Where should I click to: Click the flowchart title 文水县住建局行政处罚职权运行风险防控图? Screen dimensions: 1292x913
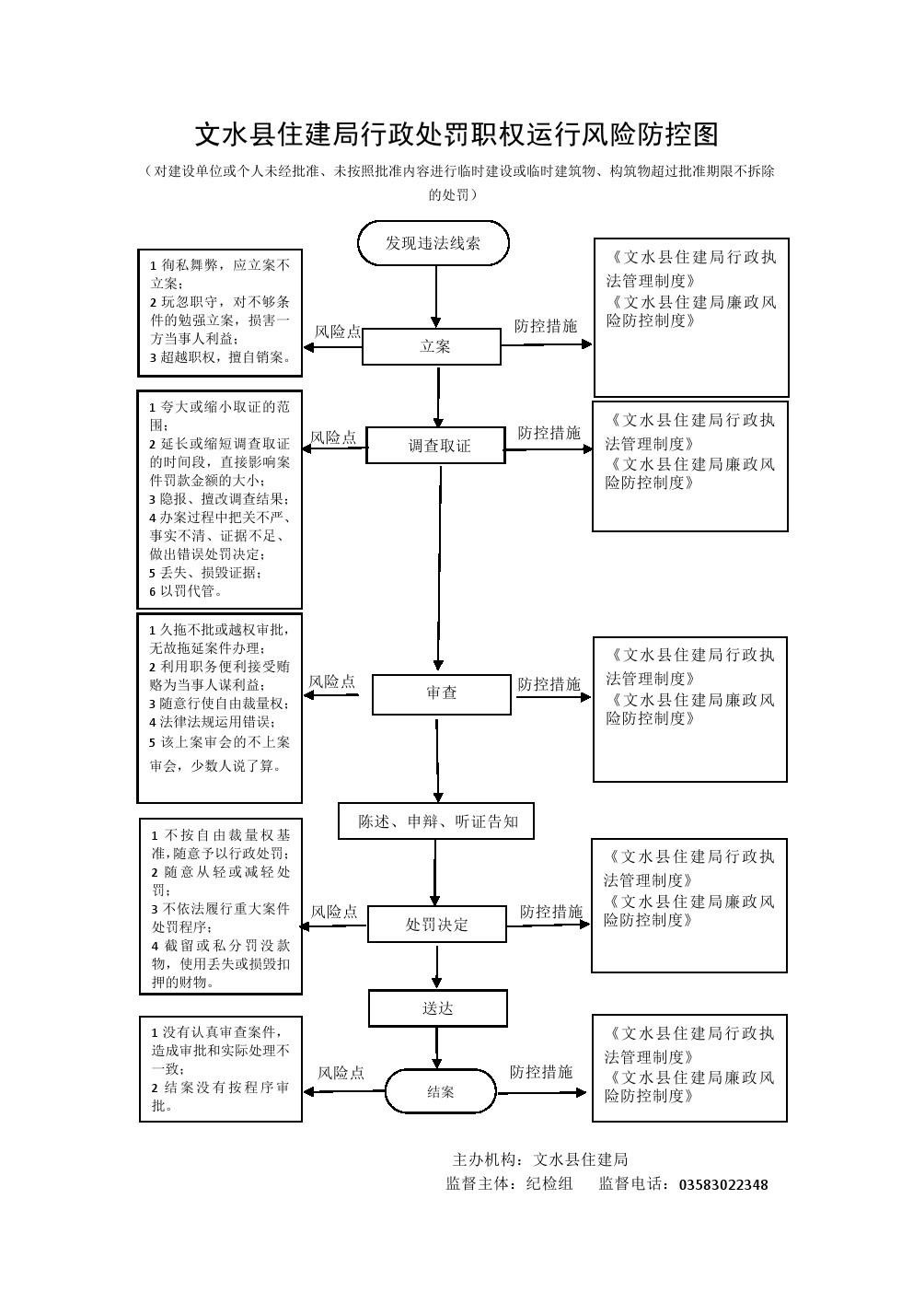[456, 134]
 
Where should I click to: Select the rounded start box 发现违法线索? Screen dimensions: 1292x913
[433, 243]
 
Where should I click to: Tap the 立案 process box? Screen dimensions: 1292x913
[432, 347]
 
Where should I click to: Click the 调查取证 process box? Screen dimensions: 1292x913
[436, 446]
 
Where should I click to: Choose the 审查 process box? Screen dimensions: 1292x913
[441, 693]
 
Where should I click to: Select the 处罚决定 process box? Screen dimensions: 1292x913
[436, 924]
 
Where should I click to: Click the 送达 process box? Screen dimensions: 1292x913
[438, 1008]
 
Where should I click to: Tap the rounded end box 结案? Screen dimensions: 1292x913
[440, 1092]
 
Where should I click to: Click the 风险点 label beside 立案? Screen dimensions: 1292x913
[338, 332]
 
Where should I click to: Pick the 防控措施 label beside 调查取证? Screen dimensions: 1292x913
[549, 433]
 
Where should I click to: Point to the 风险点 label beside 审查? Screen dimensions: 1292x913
[331, 681]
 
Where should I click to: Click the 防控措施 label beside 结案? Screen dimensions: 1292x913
[541, 1072]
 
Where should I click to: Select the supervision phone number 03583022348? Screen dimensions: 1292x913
[722, 1185]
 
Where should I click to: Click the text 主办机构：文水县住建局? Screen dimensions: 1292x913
[540, 1159]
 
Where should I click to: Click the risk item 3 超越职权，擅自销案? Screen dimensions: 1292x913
[220, 357]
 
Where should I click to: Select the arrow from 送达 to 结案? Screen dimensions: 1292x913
[438, 1047]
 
